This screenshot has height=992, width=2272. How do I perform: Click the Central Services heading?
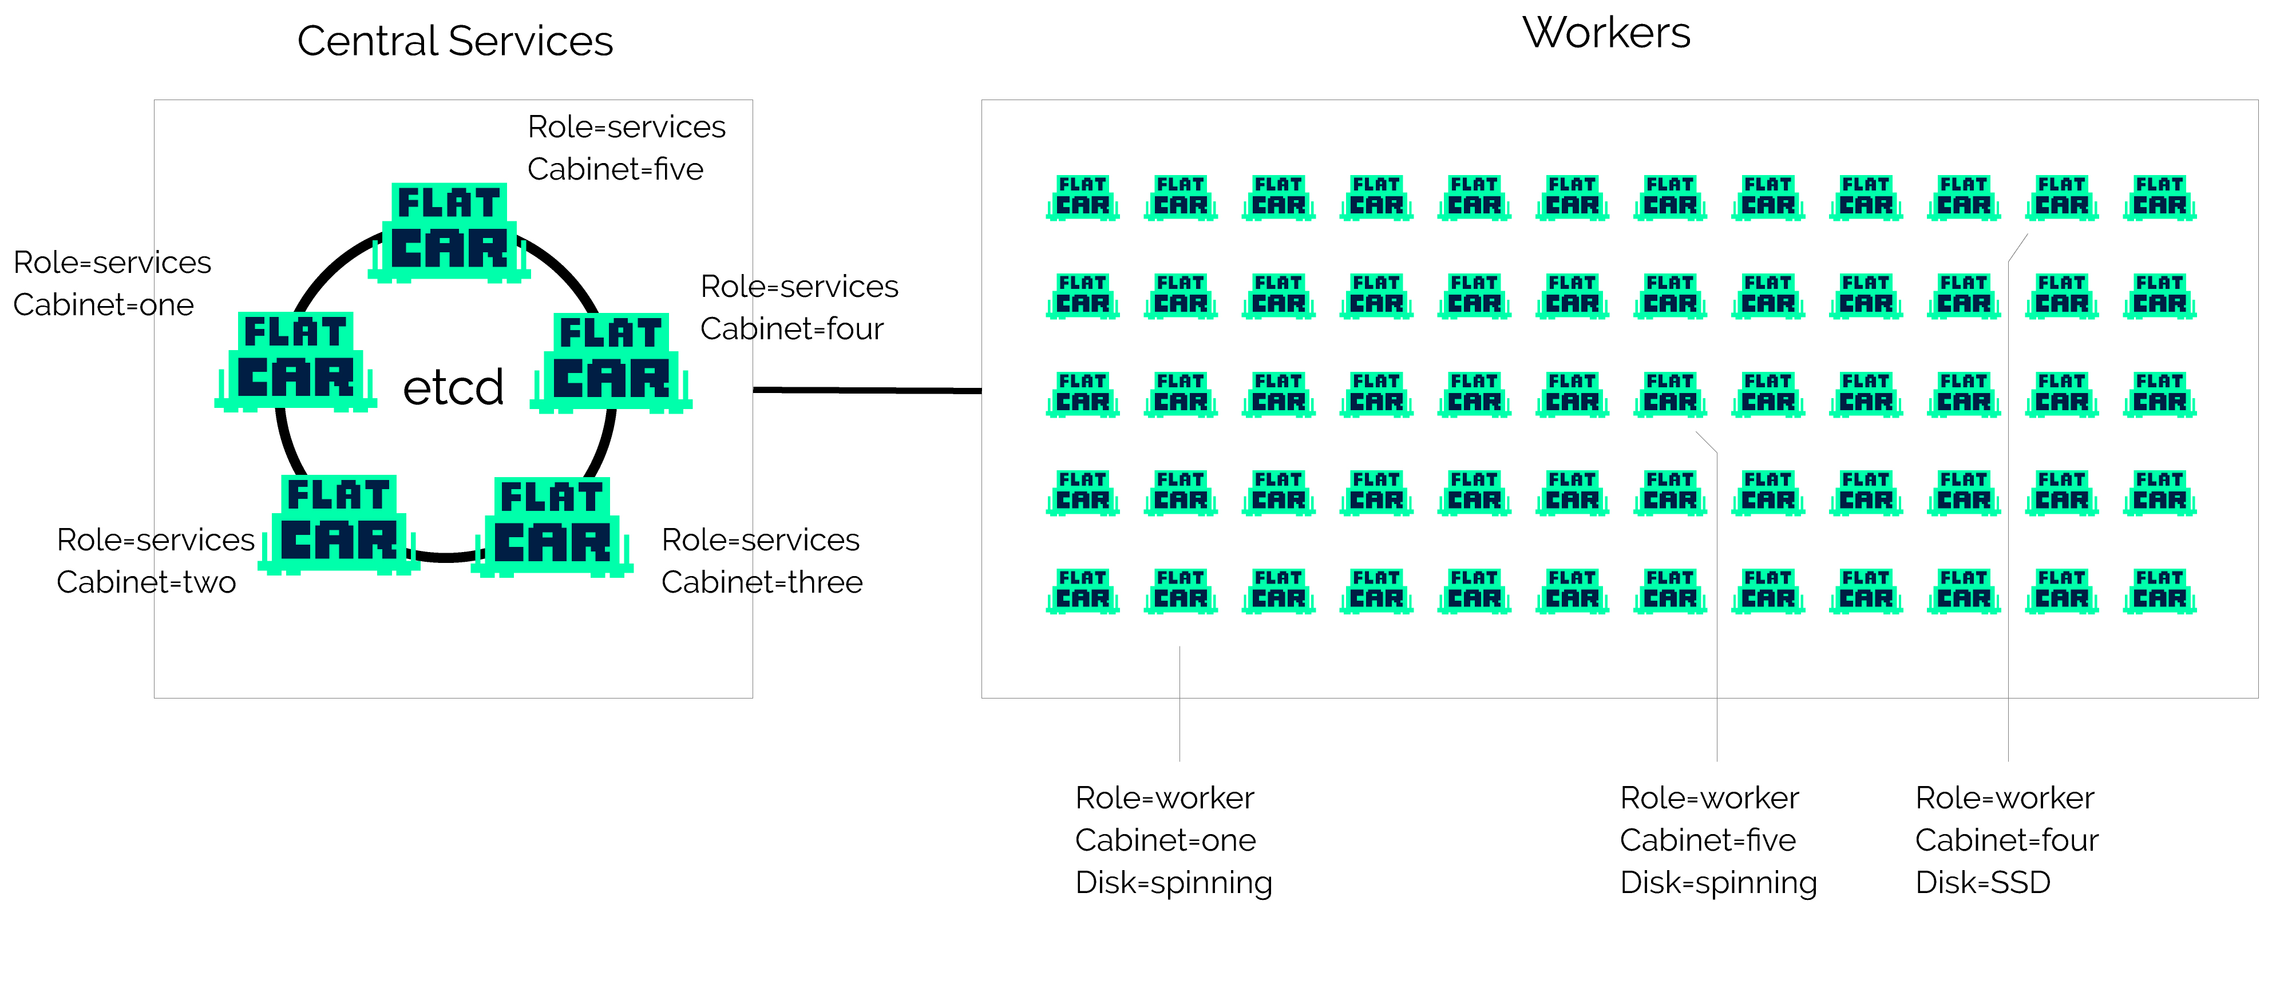point(454,41)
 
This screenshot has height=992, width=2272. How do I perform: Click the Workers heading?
point(1605,34)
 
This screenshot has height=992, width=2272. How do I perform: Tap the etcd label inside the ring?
point(453,388)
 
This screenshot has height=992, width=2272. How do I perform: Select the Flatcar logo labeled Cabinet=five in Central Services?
point(449,231)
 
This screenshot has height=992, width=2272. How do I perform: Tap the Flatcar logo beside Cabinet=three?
point(552,526)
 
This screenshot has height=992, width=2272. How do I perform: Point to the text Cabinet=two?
point(147,582)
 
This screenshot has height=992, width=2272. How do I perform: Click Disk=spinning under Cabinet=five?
point(1717,882)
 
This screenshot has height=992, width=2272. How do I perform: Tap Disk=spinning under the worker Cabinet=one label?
point(1173,882)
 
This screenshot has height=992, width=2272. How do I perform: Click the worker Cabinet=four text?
point(2006,839)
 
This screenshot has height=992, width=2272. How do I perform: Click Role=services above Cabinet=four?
point(799,287)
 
